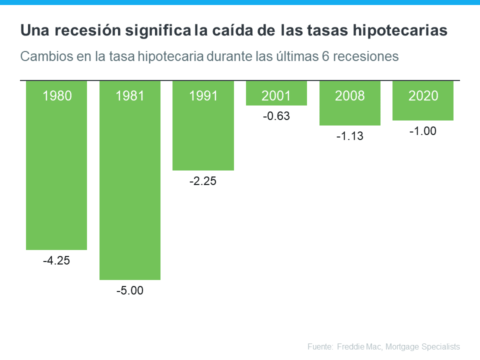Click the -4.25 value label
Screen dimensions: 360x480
point(56,260)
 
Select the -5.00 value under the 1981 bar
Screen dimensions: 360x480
point(130,290)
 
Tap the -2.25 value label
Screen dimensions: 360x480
point(203,181)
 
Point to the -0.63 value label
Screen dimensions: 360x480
point(276,116)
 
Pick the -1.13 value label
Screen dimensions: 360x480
point(349,136)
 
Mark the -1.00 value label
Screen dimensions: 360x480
point(423,131)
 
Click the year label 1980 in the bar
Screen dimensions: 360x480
point(57,96)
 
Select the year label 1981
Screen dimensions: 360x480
point(130,96)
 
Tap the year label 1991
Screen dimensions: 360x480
point(203,96)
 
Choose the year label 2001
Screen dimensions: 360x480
point(276,96)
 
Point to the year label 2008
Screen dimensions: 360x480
point(350,96)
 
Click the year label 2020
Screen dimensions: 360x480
point(423,96)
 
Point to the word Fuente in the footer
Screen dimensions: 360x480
point(319,346)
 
